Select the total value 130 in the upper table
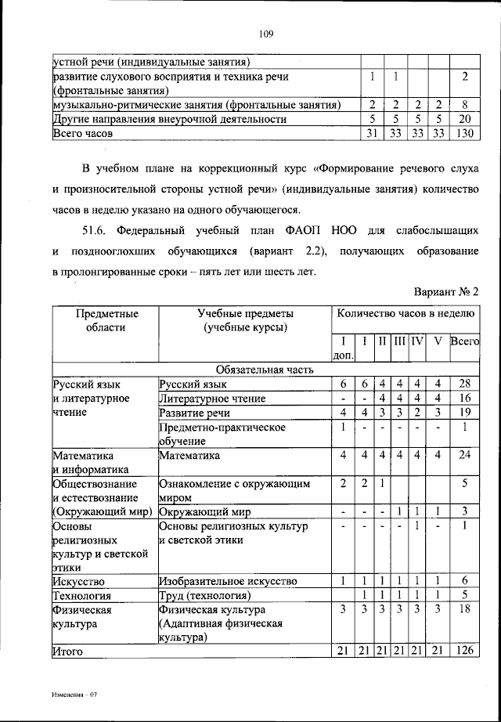pos(464,134)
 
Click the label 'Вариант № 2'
pos(446,291)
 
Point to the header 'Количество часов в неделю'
pos(405,313)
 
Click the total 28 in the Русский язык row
pos(464,384)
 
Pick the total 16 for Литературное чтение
pos(464,399)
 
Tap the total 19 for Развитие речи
pos(464,413)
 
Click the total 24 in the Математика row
pos(464,455)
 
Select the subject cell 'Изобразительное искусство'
pos(228,581)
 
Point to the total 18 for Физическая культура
pos(464,609)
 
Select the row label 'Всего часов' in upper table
pos(83,134)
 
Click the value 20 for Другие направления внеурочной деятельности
pos(464,120)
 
